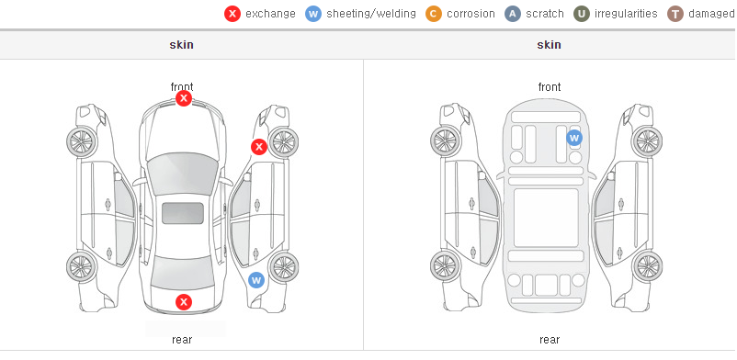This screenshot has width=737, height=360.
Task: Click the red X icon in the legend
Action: pyautogui.click(x=232, y=14)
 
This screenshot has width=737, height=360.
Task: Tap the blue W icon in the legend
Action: pyautogui.click(x=313, y=14)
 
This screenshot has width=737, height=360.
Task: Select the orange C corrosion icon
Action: pyautogui.click(x=434, y=14)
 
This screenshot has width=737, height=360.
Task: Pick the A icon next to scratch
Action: pyautogui.click(x=513, y=14)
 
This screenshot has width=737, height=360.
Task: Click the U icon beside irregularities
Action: pyautogui.click(x=582, y=14)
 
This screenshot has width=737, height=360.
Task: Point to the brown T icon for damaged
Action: pyautogui.click(x=675, y=14)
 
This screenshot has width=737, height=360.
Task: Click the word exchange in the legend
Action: pyautogui.click(x=270, y=14)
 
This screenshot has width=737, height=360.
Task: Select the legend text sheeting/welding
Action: pyautogui.click(x=371, y=14)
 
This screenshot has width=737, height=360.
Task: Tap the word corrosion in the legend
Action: pyautogui.click(x=471, y=14)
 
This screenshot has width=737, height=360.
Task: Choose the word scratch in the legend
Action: pyautogui.click(x=545, y=14)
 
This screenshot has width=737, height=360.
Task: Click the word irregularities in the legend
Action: pyautogui.click(x=626, y=14)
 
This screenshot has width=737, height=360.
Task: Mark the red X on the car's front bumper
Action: pyautogui.click(x=184, y=98)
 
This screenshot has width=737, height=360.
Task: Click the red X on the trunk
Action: pyautogui.click(x=184, y=302)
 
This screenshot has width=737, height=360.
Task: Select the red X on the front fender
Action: pyautogui.click(x=258, y=147)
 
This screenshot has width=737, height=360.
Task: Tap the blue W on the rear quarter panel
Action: pyautogui.click(x=256, y=280)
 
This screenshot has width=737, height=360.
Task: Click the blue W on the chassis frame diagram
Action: pyautogui.click(x=574, y=138)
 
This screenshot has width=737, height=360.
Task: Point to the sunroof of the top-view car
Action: pyautogui.click(x=183, y=213)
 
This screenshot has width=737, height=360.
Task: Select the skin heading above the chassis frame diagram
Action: pyautogui.click(x=549, y=45)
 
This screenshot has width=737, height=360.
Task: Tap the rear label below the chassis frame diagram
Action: pyautogui.click(x=550, y=339)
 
